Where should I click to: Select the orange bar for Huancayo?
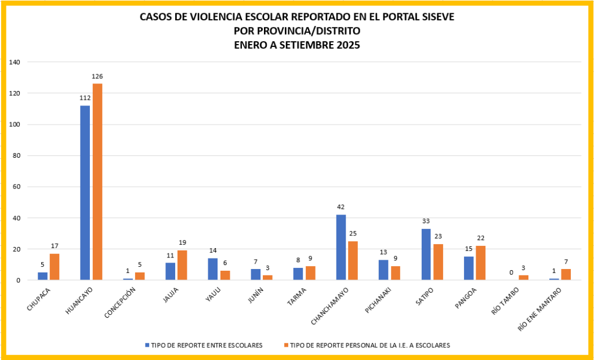coord(97,182)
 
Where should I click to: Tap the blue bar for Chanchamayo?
coord(341,248)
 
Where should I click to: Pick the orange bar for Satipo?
coord(439,262)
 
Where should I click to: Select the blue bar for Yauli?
coord(213,269)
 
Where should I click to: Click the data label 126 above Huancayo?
coord(97,77)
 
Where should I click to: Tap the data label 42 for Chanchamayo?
coord(341,207)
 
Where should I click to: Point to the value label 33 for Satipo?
coord(426,221)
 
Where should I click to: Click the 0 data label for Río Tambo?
coord(511,272)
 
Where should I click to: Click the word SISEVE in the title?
coord(433,17)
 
